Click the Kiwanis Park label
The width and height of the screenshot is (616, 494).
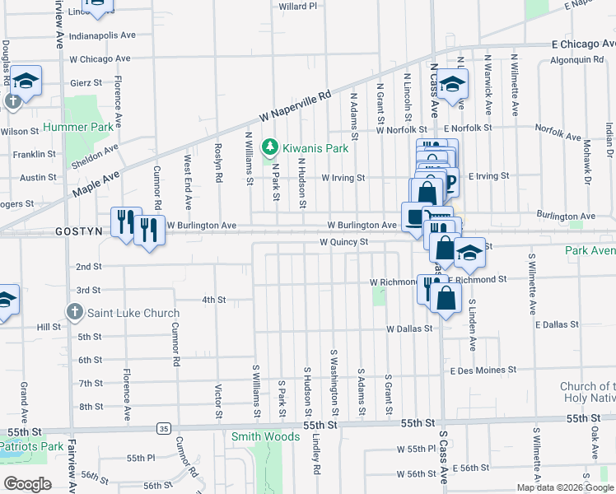pyautogui.click(x=315, y=148)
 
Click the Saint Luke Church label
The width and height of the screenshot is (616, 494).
pyautogui.click(x=133, y=313)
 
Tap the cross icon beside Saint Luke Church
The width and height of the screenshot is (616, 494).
pyautogui.click(x=74, y=312)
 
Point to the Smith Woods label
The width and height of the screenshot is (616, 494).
pyautogui.click(x=265, y=436)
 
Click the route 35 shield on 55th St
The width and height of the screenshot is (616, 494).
pyautogui.click(x=164, y=428)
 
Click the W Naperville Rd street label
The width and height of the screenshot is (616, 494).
pyautogui.click(x=294, y=107)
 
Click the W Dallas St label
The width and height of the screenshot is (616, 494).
pyautogui.click(x=409, y=329)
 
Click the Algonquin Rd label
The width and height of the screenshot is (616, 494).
pyautogui.click(x=576, y=60)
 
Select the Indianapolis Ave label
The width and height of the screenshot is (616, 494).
pyautogui.click(x=102, y=35)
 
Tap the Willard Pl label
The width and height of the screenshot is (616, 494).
pyautogui.click(x=298, y=7)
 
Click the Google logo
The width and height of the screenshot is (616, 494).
pyautogui.click(x=27, y=484)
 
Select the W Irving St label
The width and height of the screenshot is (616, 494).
pyautogui.click(x=343, y=177)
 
